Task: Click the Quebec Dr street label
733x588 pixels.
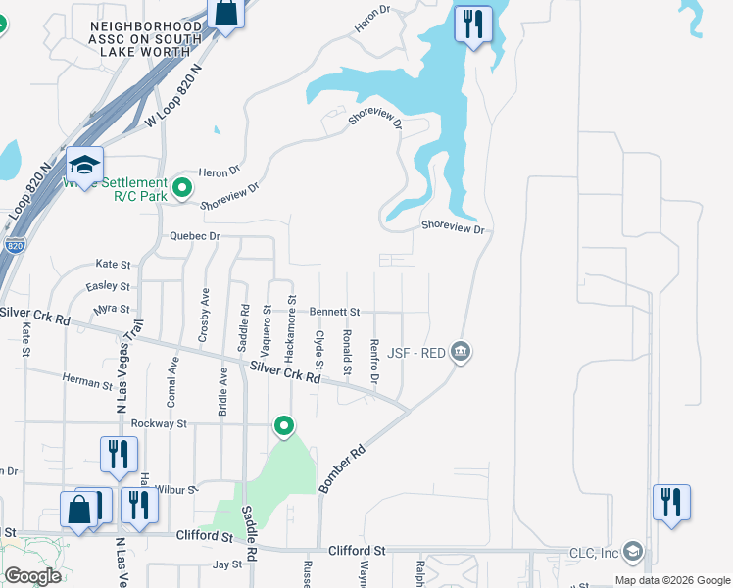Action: coord(194,236)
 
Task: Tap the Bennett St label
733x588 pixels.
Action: coord(335,312)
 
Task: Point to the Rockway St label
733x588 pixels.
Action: coord(159,423)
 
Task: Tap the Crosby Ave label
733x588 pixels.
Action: coord(204,315)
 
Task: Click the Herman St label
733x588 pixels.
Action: coord(87,382)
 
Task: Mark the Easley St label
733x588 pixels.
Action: coord(108,286)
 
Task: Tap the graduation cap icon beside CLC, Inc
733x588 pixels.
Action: coord(632,552)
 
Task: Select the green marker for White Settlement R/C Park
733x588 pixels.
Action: coord(181,186)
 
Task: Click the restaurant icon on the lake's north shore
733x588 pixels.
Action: coord(473,24)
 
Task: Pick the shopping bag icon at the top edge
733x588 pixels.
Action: coord(225,15)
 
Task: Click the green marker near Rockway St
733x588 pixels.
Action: coord(284,426)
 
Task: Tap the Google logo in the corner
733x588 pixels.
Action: coord(32,575)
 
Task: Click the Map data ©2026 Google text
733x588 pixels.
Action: coord(671,580)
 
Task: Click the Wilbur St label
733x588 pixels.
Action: coord(178,487)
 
